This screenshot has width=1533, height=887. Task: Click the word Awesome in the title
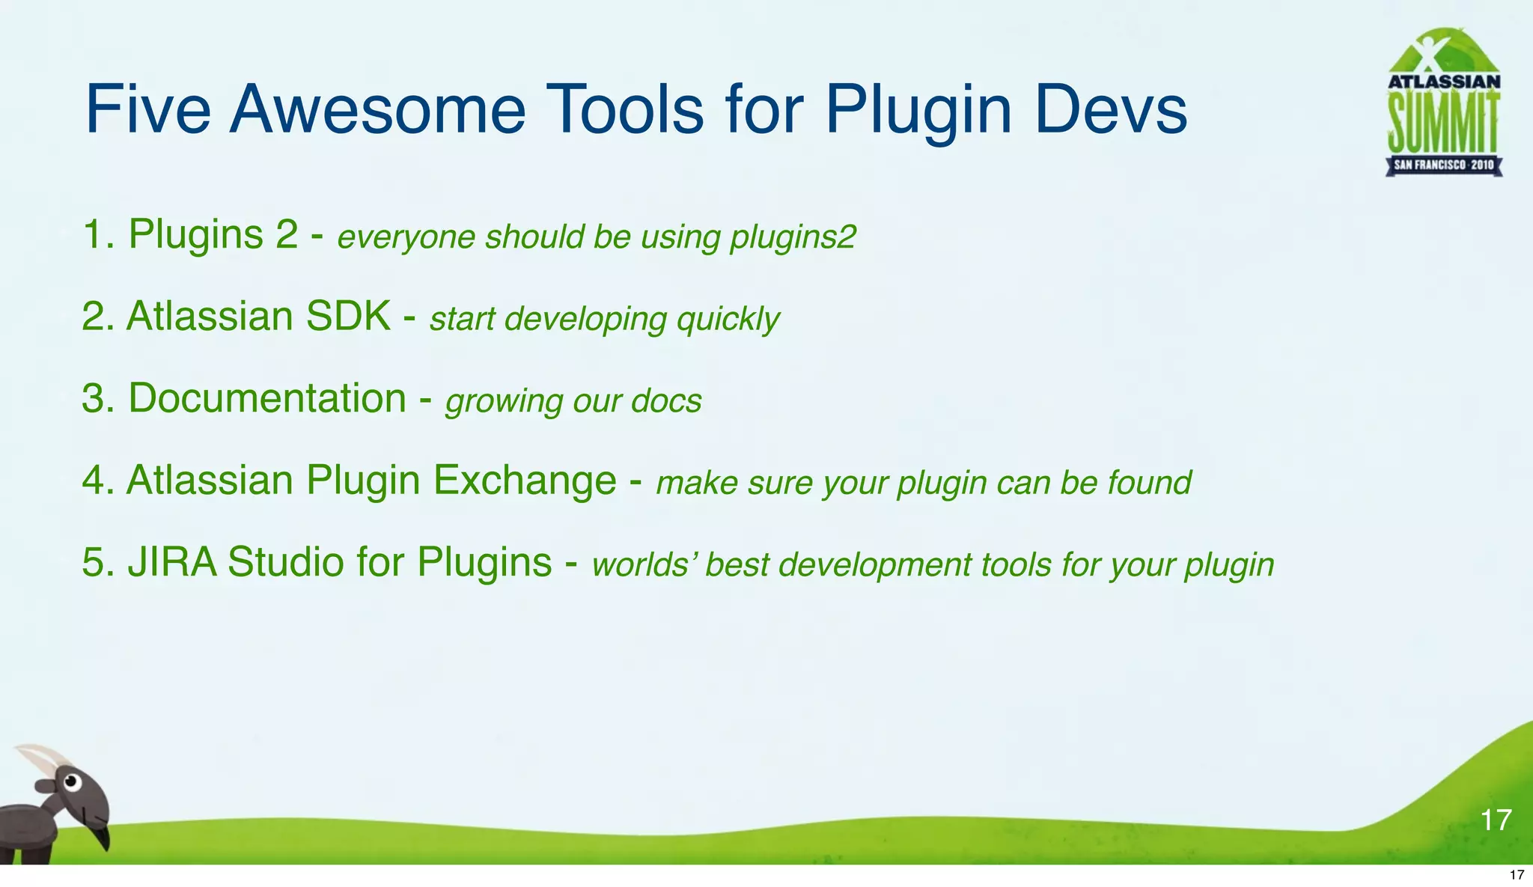(x=377, y=109)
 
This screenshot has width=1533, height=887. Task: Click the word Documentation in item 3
(x=267, y=397)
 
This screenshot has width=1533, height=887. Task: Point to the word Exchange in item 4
(x=525, y=480)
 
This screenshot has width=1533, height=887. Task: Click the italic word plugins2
(x=793, y=238)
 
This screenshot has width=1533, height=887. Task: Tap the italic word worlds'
(x=644, y=565)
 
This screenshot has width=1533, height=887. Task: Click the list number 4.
(x=94, y=480)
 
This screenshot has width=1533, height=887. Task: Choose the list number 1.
(x=94, y=234)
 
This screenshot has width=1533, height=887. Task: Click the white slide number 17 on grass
(x=1496, y=820)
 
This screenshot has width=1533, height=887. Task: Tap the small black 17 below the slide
(x=1517, y=875)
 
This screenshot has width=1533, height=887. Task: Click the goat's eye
(x=71, y=782)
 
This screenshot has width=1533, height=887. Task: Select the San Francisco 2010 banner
(x=1443, y=165)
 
